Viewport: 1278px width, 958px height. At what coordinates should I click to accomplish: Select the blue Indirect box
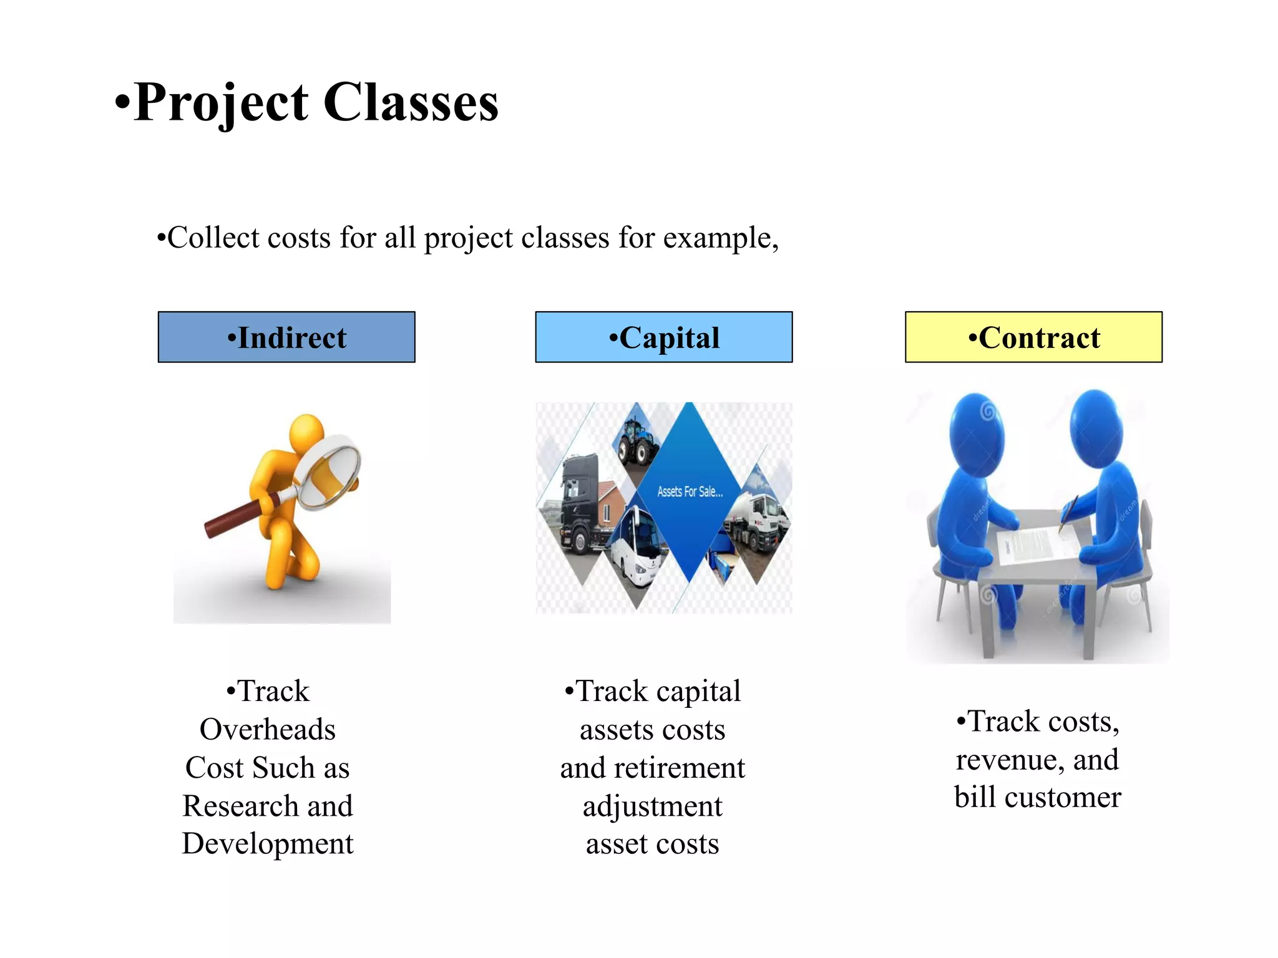[x=286, y=337]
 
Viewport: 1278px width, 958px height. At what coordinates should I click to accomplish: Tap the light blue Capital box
[x=663, y=337]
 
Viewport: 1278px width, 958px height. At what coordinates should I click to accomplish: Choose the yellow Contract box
[x=1033, y=337]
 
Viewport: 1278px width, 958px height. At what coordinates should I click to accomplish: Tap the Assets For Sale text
[x=690, y=491]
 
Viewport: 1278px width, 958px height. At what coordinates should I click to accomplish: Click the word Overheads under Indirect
[x=268, y=730]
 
